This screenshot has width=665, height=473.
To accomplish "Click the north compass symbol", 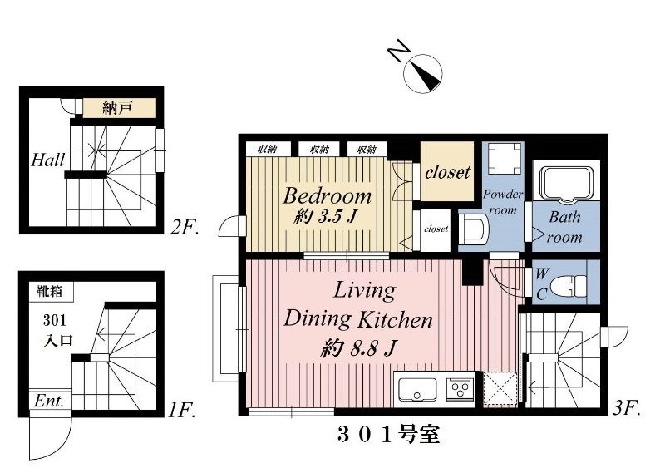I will tap(422, 72).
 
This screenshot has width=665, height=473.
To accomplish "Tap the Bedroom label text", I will tap(327, 196).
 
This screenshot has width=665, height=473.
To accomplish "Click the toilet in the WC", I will tap(568, 284).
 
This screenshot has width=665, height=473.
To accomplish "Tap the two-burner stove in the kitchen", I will tap(460, 388).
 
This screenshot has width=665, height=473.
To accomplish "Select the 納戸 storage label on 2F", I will tap(117, 108).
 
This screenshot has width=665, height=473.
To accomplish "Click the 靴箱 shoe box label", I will tap(50, 292).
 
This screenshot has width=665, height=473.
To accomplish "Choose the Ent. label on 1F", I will tap(49, 401).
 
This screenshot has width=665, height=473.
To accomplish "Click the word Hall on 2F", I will tap(48, 159).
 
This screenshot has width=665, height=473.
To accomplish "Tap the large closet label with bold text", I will tap(448, 173).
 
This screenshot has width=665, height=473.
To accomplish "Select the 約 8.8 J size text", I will tap(357, 348).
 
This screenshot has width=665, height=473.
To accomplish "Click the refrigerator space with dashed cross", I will tap(500, 388).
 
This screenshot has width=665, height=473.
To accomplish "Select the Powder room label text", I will tap(503, 202).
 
